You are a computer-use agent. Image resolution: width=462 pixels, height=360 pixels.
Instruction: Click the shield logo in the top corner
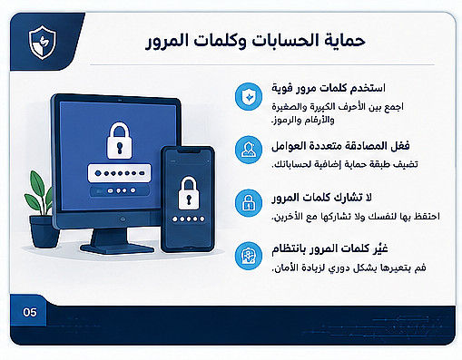[x=43, y=43]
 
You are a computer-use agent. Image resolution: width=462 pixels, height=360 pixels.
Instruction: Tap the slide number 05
[x=30, y=312]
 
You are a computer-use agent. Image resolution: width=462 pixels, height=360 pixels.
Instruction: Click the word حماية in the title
[x=345, y=41]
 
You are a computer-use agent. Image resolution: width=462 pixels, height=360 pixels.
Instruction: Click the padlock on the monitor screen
[x=120, y=141]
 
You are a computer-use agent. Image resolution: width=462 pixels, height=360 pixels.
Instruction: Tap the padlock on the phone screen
[x=189, y=193]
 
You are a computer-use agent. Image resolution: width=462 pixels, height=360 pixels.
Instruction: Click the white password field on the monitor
[x=119, y=173]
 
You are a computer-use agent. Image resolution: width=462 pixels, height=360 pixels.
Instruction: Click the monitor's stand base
[x=117, y=248]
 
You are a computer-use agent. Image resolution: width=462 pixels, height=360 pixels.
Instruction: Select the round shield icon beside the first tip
[x=249, y=97]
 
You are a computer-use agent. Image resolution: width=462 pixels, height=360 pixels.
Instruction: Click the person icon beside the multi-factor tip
[x=249, y=150]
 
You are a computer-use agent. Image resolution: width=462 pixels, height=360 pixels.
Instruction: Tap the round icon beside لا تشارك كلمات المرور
[x=249, y=203]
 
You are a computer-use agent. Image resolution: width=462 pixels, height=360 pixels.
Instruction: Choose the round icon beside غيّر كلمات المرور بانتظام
[x=249, y=256]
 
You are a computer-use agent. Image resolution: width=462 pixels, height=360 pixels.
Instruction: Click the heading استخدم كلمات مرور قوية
[x=329, y=88]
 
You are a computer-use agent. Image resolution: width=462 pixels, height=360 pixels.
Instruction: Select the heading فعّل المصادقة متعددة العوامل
[x=340, y=146]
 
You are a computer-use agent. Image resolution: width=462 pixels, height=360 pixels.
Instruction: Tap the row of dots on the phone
[x=188, y=219]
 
